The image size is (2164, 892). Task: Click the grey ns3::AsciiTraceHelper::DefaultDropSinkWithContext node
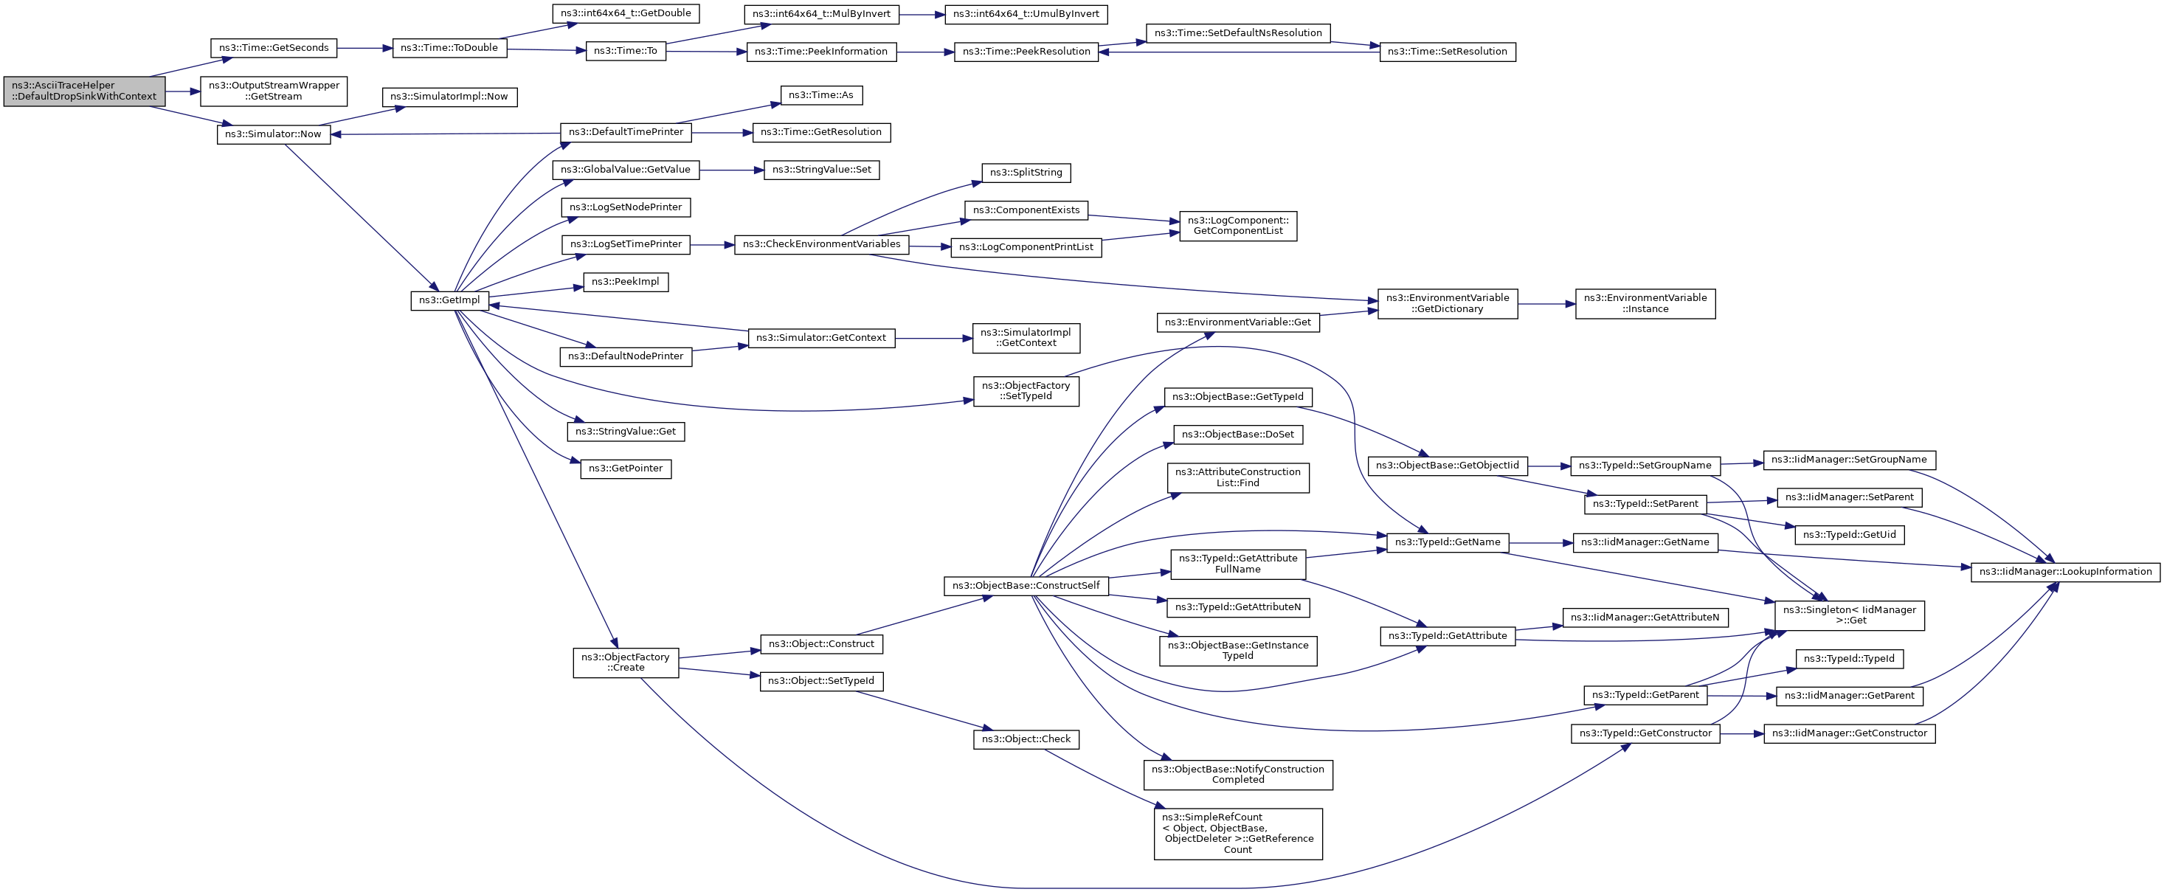pos(84,91)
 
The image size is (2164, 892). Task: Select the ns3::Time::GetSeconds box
pos(274,48)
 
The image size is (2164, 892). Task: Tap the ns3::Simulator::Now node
pos(274,134)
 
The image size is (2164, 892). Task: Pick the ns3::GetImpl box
pos(449,300)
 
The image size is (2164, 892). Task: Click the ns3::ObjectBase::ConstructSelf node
pos(1026,585)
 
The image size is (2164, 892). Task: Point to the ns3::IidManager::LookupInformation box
pos(2065,572)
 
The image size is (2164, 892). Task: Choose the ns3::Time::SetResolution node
pos(1448,51)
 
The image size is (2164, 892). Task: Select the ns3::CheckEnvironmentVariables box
pos(822,244)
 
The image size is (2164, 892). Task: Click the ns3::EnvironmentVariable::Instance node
pos(1645,303)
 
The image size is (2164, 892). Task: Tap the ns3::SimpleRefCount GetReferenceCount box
pos(1237,833)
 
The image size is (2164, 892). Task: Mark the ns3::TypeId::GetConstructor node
pos(1645,733)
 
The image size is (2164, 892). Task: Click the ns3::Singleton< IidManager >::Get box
pos(1849,615)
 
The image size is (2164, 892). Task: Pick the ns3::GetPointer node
pos(626,469)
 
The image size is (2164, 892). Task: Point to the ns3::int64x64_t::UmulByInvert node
pos(1026,14)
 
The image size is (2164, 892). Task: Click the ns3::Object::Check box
pos(1026,739)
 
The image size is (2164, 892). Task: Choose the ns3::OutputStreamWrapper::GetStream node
pos(274,91)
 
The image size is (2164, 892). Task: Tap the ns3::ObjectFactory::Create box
pos(626,663)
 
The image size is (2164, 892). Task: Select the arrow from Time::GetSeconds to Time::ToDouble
pos(365,48)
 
